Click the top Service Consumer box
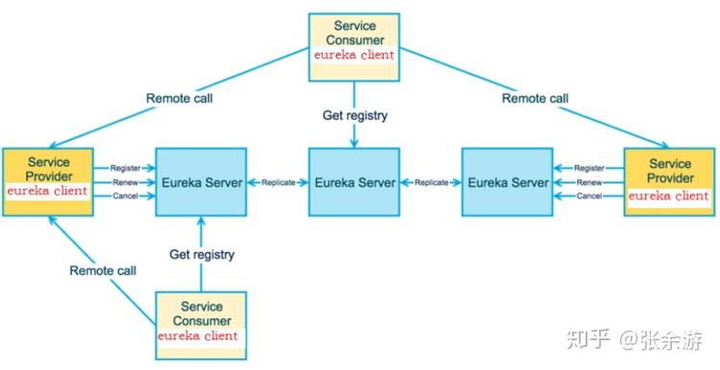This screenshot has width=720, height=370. (x=354, y=47)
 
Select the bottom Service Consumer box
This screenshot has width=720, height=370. (x=201, y=325)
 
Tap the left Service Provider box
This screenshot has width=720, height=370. (x=48, y=181)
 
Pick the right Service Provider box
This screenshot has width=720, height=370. (x=669, y=181)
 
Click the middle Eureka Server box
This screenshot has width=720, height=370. (x=354, y=181)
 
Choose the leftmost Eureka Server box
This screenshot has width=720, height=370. (x=202, y=181)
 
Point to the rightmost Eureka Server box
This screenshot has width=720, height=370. (x=508, y=181)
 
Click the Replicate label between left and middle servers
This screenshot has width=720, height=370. (x=278, y=182)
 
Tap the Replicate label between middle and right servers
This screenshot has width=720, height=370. (x=431, y=182)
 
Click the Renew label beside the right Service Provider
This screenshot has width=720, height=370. (x=589, y=182)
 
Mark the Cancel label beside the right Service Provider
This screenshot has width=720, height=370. (x=589, y=197)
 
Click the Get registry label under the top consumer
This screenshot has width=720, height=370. (x=355, y=115)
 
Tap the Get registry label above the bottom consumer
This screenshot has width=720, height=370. (x=202, y=254)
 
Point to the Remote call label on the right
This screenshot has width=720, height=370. (x=535, y=98)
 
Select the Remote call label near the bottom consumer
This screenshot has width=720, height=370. (x=103, y=270)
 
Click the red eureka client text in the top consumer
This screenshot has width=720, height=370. (x=354, y=56)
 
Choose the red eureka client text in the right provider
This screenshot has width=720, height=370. (x=668, y=197)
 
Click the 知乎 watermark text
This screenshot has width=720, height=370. (x=588, y=339)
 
